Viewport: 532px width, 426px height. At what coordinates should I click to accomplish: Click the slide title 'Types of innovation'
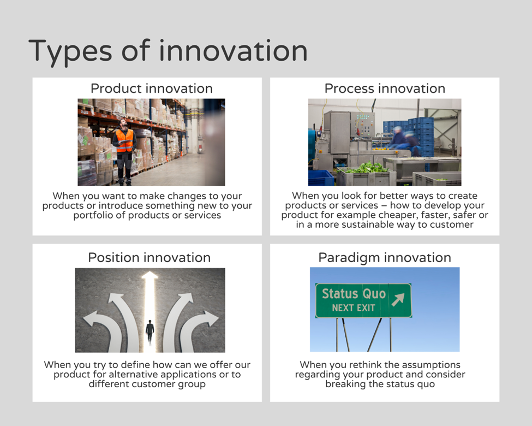coord(168,51)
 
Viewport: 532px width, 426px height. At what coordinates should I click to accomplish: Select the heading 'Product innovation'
coord(152,88)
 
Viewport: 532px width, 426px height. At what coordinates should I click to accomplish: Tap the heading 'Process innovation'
coord(385,88)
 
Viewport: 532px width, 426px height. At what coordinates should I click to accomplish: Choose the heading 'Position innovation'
coord(150,257)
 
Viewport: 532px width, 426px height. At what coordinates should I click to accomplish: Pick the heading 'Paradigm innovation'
coord(385,258)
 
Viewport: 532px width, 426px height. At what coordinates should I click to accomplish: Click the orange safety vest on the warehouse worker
coord(124,140)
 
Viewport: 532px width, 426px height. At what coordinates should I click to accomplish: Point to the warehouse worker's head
coord(123,123)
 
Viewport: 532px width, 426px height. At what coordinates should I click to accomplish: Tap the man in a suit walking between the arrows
coord(150,331)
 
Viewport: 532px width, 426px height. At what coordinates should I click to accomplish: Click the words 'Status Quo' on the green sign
coord(354,293)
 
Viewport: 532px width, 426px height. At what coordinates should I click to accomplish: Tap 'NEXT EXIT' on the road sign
coord(354,308)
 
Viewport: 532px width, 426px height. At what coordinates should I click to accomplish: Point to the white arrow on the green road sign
coord(398,299)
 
